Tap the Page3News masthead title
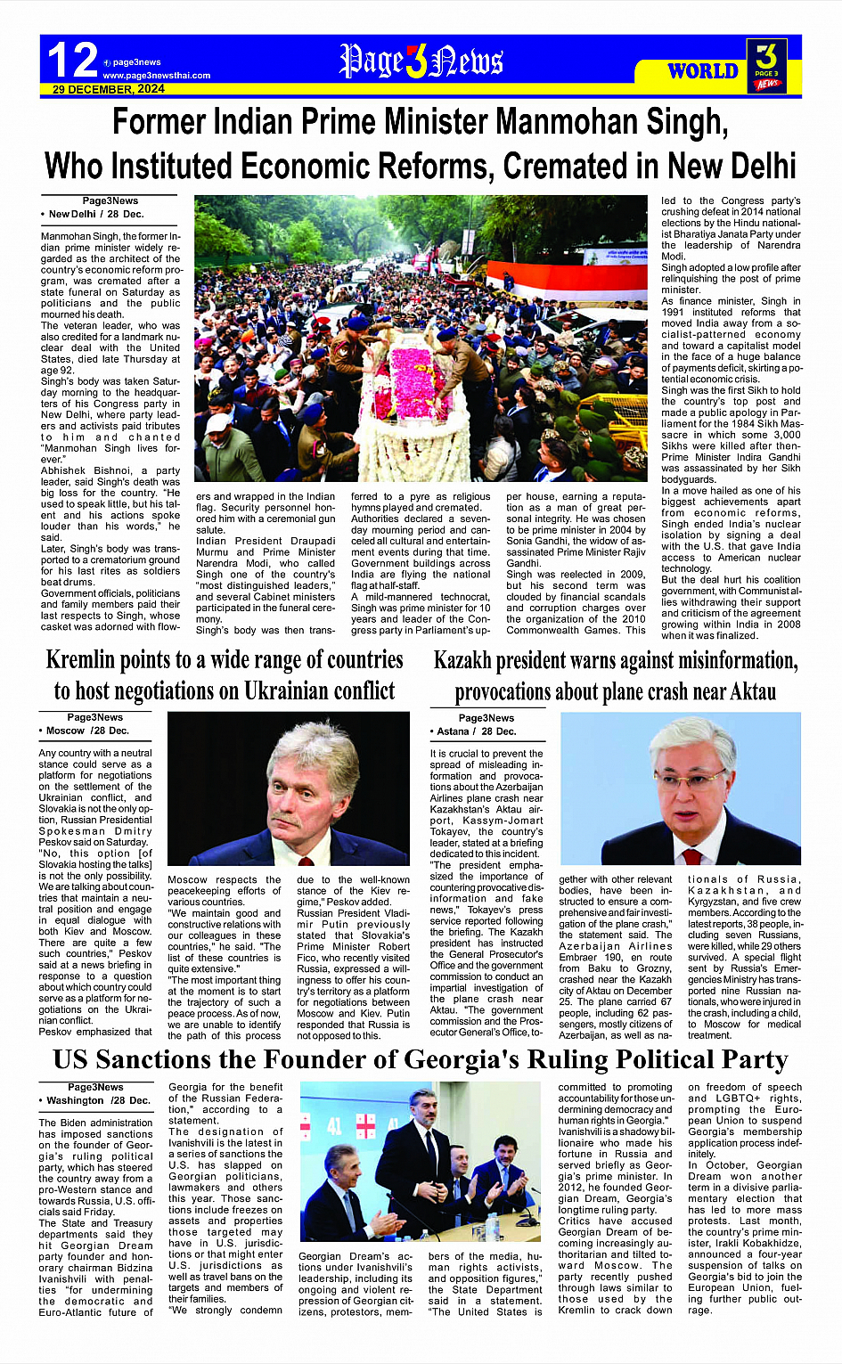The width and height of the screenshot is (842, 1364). [421, 61]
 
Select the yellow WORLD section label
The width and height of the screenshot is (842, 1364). [703, 71]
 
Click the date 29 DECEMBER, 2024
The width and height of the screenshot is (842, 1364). [108, 89]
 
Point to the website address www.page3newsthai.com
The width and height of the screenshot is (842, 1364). [157, 76]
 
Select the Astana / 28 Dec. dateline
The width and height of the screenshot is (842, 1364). [476, 731]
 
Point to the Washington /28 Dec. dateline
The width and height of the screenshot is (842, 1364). [98, 1100]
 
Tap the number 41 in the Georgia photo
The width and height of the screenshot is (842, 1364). [334, 1125]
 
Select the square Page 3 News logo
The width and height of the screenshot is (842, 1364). [765, 65]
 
